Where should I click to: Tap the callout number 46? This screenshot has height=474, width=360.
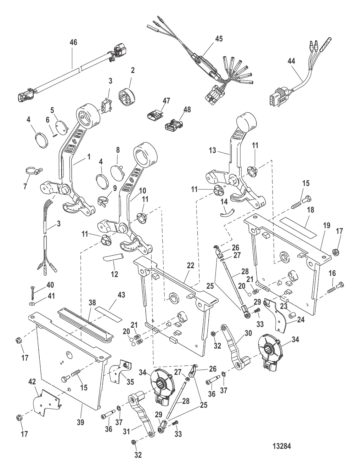tap(73, 42)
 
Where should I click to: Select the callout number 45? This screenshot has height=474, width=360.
tap(219, 39)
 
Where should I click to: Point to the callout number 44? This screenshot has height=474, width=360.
tap(291, 61)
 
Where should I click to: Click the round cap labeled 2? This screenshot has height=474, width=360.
tap(127, 96)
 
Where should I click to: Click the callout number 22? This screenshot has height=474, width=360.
tap(190, 265)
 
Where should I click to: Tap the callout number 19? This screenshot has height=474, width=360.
tap(326, 225)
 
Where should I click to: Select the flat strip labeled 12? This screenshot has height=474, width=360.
tap(113, 257)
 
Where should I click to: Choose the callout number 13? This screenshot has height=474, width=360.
tap(213, 150)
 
